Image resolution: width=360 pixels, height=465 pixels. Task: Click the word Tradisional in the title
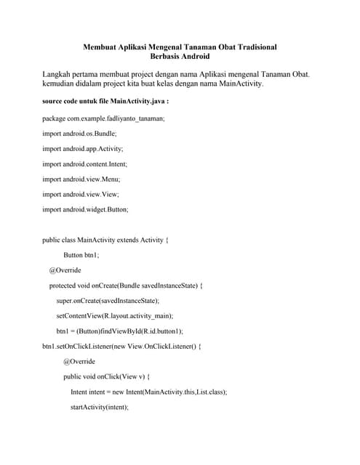pyautogui.click(x=252, y=46)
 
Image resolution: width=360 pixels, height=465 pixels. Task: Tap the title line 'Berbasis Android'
pyautogui.click(x=180, y=56)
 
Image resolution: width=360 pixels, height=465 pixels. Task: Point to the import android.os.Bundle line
pyautogui.click(x=79, y=134)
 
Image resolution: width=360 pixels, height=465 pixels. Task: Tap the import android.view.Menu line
pyautogui.click(x=81, y=179)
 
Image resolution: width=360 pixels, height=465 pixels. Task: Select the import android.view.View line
pyautogui.click(x=80, y=194)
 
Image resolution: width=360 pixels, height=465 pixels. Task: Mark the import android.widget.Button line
pyautogui.click(x=85, y=209)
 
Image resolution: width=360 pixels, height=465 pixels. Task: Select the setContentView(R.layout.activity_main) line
pyautogui.click(x=115, y=315)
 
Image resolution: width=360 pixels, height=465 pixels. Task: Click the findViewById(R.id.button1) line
pyautogui.click(x=119, y=331)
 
